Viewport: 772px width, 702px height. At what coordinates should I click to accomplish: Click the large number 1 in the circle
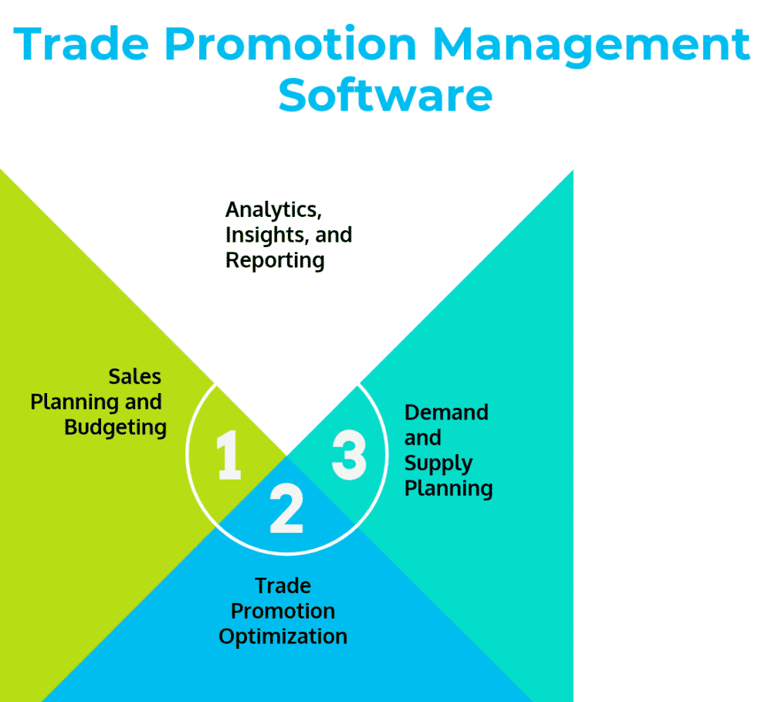coord(229,456)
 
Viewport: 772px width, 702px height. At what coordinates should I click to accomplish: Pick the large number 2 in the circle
coord(286,510)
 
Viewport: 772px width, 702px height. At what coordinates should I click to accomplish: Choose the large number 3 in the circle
coord(349,454)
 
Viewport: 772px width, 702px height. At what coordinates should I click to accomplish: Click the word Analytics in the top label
coord(273,209)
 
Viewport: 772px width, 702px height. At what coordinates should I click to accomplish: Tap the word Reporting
coord(275,260)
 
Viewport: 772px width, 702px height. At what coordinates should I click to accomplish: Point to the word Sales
coord(135,376)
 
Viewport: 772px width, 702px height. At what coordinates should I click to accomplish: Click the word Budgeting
coord(115,427)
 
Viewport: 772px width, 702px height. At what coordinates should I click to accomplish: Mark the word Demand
coord(446,412)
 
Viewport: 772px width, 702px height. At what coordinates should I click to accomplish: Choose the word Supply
coord(438,463)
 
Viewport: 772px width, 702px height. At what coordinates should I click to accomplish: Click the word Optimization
coord(283,636)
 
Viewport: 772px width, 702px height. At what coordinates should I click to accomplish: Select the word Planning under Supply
coord(449,489)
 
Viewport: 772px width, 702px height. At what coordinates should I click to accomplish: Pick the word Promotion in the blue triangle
coord(283,611)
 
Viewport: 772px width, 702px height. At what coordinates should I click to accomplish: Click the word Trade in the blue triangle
coord(283,585)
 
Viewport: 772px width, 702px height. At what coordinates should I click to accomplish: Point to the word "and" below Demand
coord(422,438)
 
